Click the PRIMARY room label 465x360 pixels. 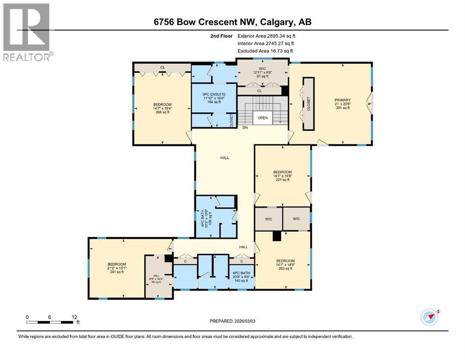[342, 100]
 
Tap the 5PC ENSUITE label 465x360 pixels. [211, 94]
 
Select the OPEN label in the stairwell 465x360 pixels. [263, 118]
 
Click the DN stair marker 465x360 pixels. [244, 127]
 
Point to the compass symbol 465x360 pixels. [429, 317]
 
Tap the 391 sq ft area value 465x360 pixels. [342, 108]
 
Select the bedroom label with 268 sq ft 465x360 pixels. [162, 104]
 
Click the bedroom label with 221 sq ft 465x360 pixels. [282, 172]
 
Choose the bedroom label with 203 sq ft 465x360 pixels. [285, 261]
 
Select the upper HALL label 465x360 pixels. [225, 158]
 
